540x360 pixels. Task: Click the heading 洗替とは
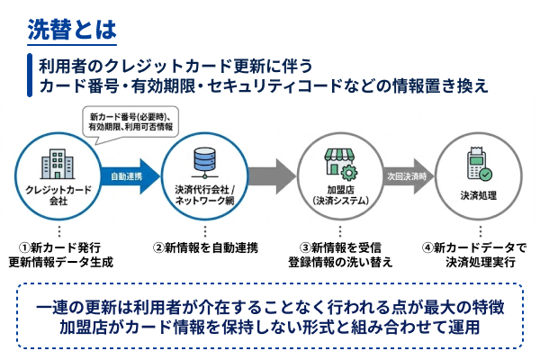[x=72, y=28]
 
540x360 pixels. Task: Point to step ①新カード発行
[x=58, y=246]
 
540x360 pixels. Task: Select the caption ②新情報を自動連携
[x=203, y=246]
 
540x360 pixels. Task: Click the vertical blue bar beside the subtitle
[x=29, y=77]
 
